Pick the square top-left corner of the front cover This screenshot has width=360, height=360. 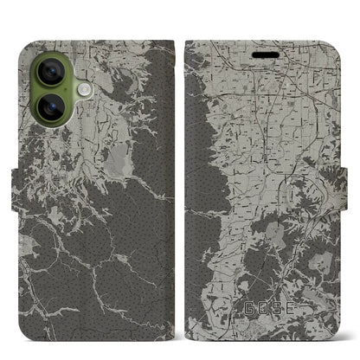click(189, 40)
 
